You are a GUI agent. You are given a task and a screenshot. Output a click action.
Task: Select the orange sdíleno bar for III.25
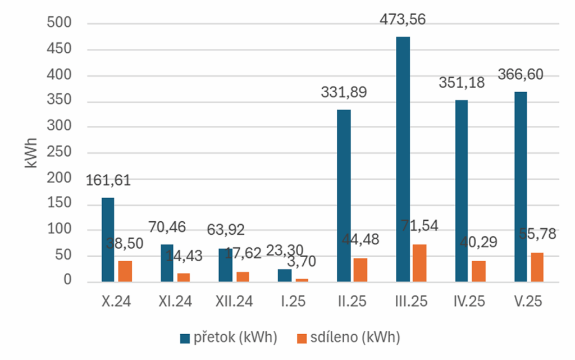419,263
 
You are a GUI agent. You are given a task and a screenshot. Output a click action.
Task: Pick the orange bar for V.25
537,267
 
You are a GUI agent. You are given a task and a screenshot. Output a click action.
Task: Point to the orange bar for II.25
360,270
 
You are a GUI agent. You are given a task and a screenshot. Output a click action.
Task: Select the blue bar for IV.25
462,190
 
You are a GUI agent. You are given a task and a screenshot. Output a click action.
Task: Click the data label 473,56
403,20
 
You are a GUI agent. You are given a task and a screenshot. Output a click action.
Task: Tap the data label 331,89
344,92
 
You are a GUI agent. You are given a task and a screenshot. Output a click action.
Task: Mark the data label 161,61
108,181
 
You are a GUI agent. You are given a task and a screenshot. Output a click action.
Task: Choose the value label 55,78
537,234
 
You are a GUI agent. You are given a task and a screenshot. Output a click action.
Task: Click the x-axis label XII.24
234,302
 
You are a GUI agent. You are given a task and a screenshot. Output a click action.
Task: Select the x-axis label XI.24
175,302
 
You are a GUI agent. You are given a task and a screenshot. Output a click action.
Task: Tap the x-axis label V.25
528,302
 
